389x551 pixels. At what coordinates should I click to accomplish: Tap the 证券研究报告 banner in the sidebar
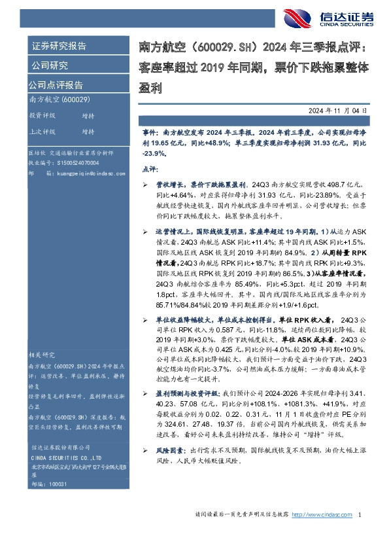[x=59, y=46]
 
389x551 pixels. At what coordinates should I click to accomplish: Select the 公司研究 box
[x=50, y=65]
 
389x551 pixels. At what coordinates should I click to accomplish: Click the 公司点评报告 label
[x=56, y=85]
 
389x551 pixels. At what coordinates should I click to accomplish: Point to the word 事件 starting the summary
[x=150, y=132]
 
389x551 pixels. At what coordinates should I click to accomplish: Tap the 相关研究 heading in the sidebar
[x=43, y=354]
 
